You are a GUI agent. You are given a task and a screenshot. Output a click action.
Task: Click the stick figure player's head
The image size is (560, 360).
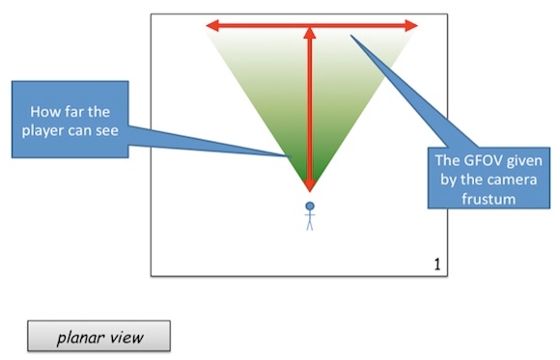(x=310, y=206)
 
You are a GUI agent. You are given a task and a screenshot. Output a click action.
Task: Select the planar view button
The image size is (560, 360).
(x=98, y=337)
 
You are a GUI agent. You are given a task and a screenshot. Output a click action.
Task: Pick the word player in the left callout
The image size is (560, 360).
(x=52, y=129)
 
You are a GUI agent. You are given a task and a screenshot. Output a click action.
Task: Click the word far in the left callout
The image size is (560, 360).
(x=76, y=110)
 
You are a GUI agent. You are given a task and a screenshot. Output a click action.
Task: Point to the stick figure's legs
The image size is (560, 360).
(x=310, y=226)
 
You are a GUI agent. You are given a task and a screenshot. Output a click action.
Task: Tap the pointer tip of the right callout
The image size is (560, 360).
(x=351, y=37)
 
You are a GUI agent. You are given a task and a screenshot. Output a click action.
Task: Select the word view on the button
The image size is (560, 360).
(x=126, y=338)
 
